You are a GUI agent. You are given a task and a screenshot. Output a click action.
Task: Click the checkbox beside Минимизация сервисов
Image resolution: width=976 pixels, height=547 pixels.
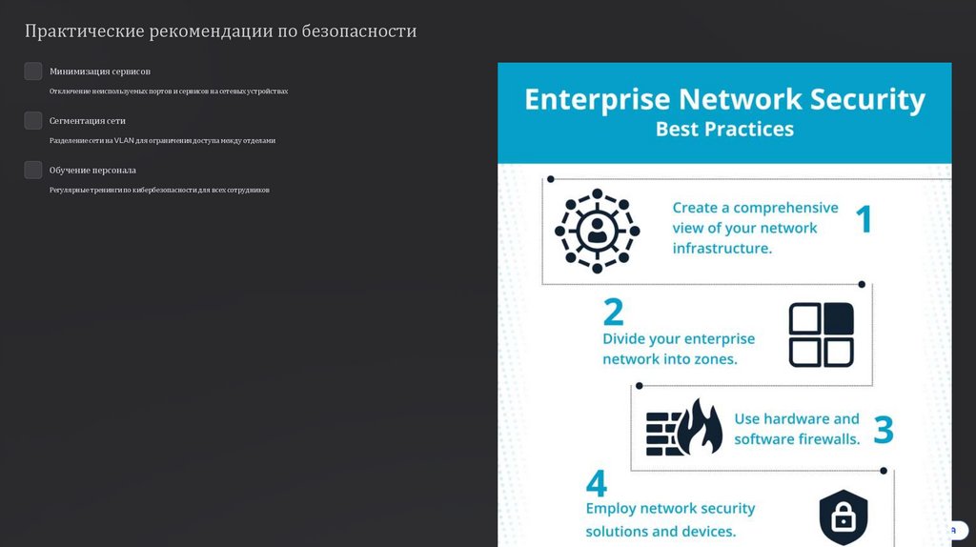click(x=33, y=71)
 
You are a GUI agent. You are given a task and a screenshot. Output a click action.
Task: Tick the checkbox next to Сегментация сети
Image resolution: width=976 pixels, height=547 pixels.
click(x=33, y=120)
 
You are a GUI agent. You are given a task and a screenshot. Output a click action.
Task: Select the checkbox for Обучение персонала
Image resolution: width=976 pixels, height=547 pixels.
click(x=33, y=170)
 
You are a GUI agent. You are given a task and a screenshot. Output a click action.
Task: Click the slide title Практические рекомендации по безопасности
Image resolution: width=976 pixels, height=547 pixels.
click(x=220, y=31)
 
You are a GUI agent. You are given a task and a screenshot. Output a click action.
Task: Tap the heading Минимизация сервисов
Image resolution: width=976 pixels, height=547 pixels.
click(x=100, y=71)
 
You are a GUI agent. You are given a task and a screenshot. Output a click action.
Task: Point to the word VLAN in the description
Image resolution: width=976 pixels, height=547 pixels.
click(x=124, y=140)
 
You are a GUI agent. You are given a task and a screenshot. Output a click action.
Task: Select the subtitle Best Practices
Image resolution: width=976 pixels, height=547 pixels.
click(x=724, y=129)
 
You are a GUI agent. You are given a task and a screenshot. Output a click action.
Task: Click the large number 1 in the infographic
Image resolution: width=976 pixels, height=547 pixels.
click(x=864, y=219)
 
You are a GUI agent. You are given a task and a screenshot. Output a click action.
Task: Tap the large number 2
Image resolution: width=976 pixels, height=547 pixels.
click(x=613, y=313)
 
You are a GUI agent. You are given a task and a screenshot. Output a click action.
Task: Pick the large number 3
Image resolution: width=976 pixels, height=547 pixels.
click(x=884, y=430)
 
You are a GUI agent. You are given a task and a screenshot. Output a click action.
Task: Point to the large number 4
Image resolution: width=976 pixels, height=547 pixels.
click(x=597, y=483)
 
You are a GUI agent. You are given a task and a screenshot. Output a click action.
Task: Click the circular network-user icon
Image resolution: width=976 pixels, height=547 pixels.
click(x=598, y=231)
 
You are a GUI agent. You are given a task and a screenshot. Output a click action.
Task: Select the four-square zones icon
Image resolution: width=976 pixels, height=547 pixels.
click(x=821, y=334)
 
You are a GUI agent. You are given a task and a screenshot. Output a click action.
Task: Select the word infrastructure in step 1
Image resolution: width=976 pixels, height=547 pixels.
click(x=722, y=249)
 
